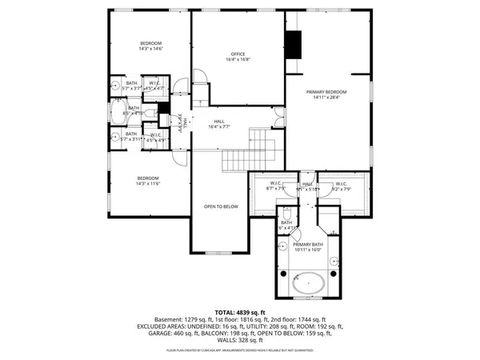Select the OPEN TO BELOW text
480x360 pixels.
[222, 206]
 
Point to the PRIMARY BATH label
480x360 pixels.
[307, 246]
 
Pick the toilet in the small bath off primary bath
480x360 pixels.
[286, 215]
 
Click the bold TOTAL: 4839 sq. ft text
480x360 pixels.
[239, 312]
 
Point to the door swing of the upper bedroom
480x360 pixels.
[181, 82]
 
